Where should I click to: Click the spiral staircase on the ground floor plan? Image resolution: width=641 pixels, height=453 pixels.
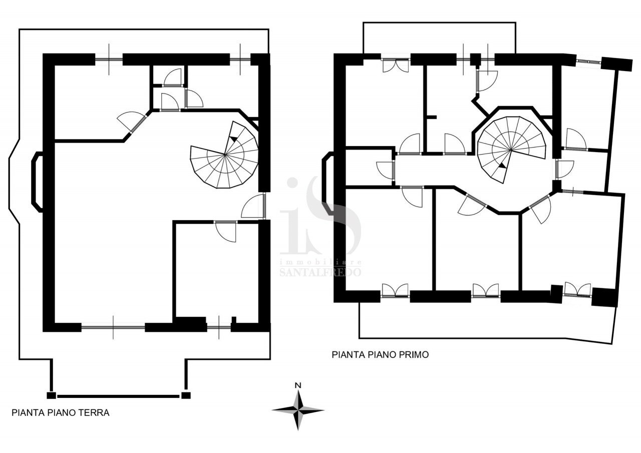[225, 155]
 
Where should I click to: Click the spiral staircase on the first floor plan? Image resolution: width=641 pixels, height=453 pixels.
[511, 149]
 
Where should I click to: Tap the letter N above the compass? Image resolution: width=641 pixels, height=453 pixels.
[298, 385]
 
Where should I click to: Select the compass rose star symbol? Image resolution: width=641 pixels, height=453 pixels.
[298, 410]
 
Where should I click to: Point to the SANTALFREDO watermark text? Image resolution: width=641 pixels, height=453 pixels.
[320, 272]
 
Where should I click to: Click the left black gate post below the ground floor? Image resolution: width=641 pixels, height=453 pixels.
[51, 395]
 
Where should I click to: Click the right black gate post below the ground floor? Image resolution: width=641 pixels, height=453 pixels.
[186, 395]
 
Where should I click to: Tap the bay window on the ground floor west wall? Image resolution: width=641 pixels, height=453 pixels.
[37, 182]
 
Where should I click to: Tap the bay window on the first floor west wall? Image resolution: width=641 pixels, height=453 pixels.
[327, 183]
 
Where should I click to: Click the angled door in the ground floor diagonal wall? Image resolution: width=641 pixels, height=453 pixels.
[133, 123]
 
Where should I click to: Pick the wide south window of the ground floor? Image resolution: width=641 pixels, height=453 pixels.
[113, 326]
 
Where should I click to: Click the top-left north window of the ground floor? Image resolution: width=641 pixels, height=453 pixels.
[109, 59]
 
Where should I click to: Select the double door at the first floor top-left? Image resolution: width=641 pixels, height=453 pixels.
[396, 65]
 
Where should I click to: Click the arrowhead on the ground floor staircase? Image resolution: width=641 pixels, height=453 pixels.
[233, 139]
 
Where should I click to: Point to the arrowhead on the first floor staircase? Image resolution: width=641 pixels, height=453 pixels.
[501, 165]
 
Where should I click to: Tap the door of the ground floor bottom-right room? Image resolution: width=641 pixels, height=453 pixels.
[226, 232]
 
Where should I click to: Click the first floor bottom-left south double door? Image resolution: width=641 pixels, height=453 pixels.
[395, 290]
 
